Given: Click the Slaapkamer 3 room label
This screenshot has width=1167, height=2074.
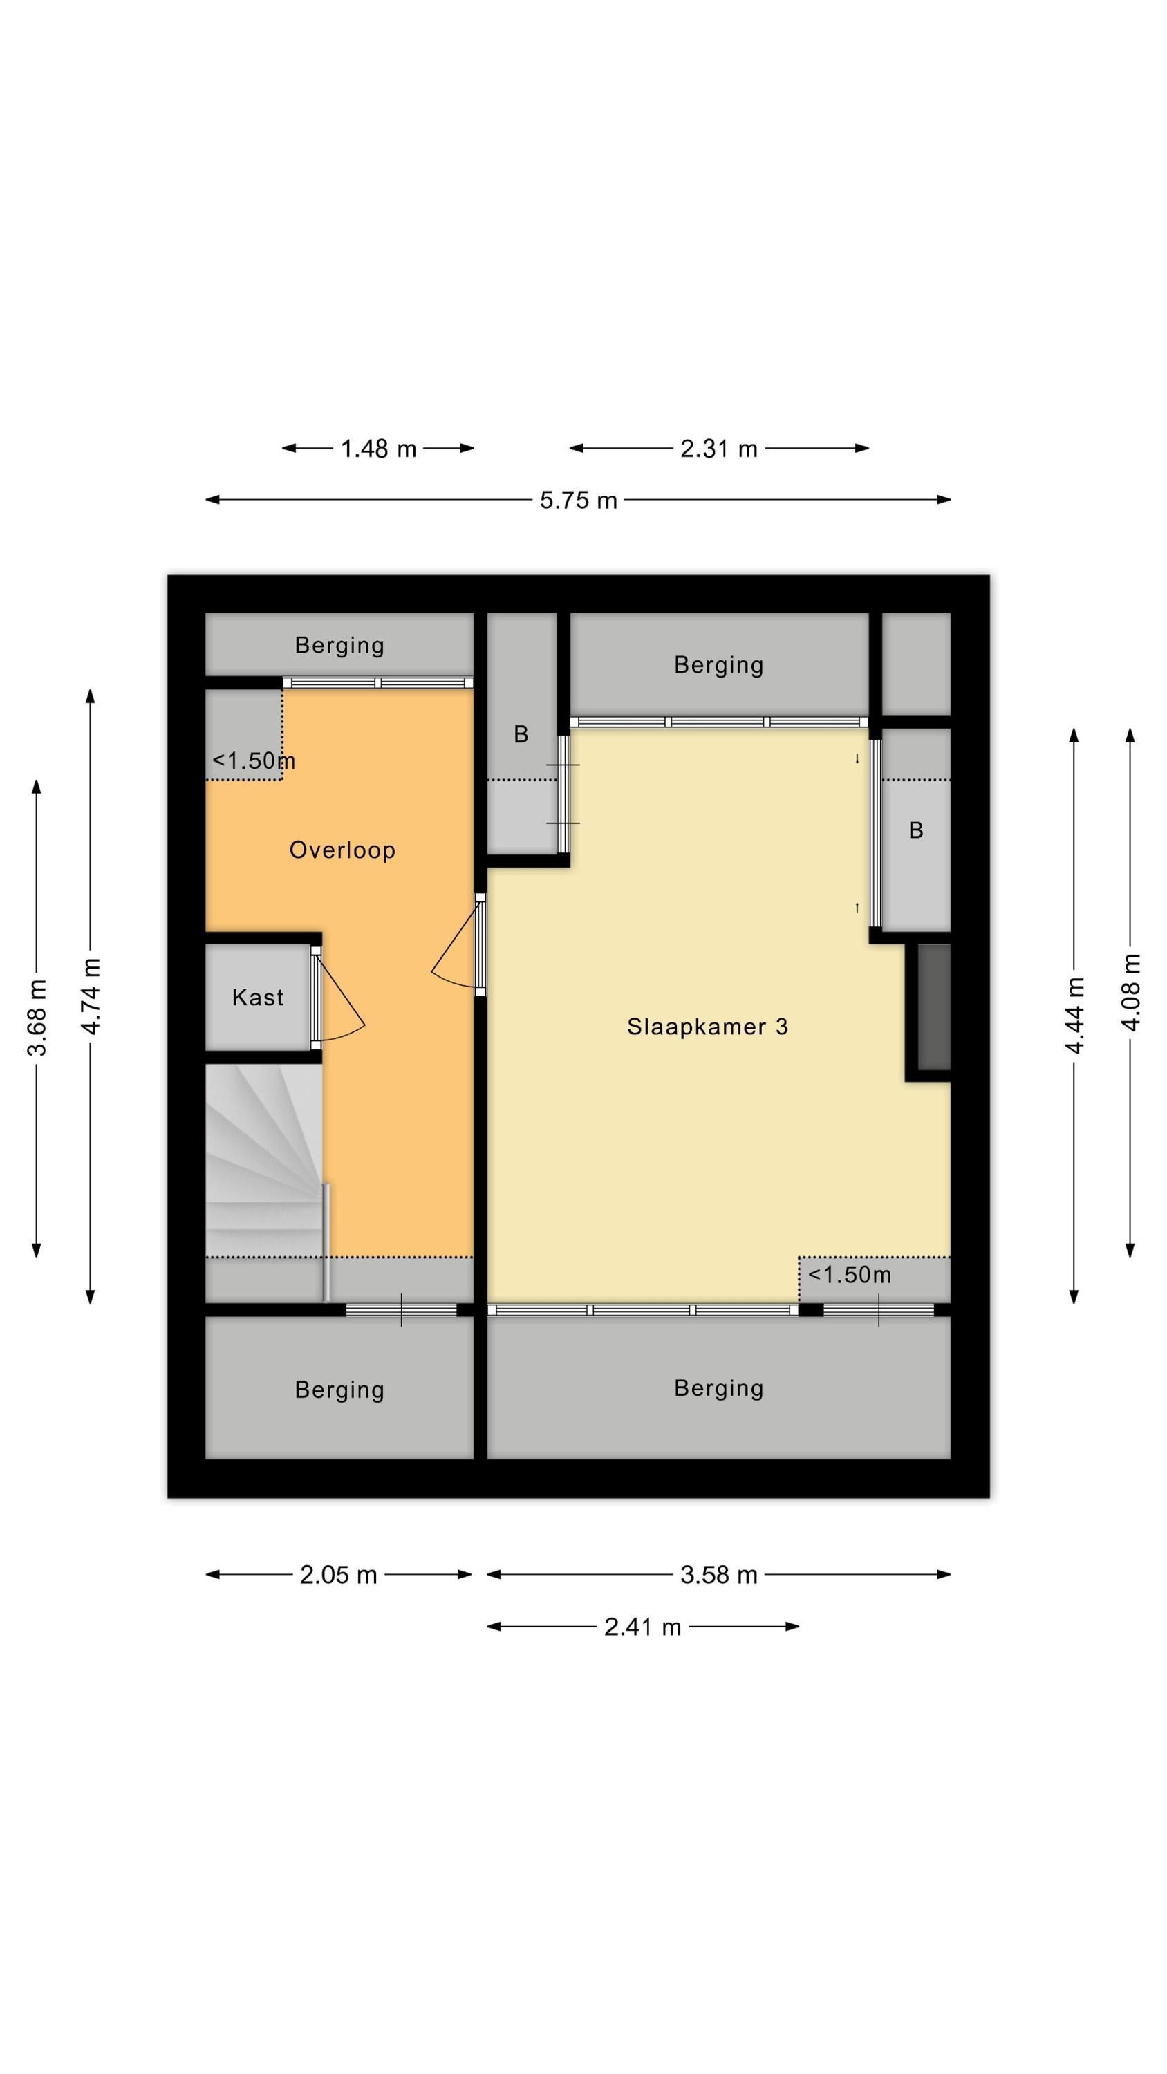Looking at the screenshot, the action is [x=707, y=1027].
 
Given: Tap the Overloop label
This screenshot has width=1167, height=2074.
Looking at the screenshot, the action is [x=342, y=850].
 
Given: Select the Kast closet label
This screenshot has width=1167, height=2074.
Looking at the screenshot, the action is [x=258, y=998].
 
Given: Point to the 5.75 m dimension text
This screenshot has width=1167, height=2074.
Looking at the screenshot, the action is [x=578, y=501].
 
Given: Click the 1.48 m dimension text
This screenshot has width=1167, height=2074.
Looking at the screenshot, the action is [x=379, y=449].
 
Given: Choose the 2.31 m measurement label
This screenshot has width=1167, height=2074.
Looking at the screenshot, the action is [x=719, y=449].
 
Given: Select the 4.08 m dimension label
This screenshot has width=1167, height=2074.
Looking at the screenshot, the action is [x=1131, y=992].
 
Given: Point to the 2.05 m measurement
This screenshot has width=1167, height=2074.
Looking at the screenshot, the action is [x=338, y=1575].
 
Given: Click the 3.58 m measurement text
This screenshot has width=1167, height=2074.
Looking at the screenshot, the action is [x=719, y=1575].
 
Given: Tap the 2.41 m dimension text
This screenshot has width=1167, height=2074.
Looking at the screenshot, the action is [x=643, y=1627].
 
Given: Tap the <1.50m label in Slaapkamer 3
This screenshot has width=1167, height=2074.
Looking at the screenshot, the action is [x=850, y=1275].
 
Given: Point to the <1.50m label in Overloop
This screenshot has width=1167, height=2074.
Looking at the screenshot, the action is [x=254, y=761].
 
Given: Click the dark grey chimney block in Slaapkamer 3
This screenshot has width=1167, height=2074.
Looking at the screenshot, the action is [x=934, y=1007].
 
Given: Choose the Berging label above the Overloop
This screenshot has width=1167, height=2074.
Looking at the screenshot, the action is [x=339, y=645].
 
